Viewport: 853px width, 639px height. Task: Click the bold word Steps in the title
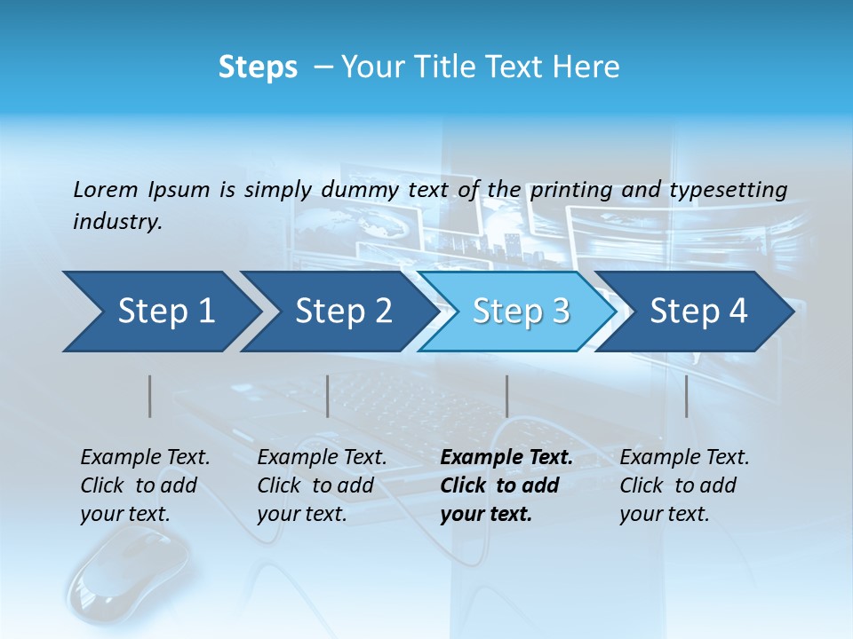point(258,67)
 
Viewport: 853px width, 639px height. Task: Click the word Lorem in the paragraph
point(105,189)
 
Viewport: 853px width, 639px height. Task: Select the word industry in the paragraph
point(116,221)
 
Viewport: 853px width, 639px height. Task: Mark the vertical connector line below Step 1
point(149,396)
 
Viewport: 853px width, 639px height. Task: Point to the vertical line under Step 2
point(328,396)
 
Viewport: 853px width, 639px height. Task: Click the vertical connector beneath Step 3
point(506,396)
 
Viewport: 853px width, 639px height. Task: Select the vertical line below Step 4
point(686,396)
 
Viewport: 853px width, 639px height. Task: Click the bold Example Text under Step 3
point(506,458)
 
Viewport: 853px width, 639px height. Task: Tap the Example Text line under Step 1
point(145,458)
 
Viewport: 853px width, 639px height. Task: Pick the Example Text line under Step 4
point(684,458)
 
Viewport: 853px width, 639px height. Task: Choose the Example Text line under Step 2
point(322,458)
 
